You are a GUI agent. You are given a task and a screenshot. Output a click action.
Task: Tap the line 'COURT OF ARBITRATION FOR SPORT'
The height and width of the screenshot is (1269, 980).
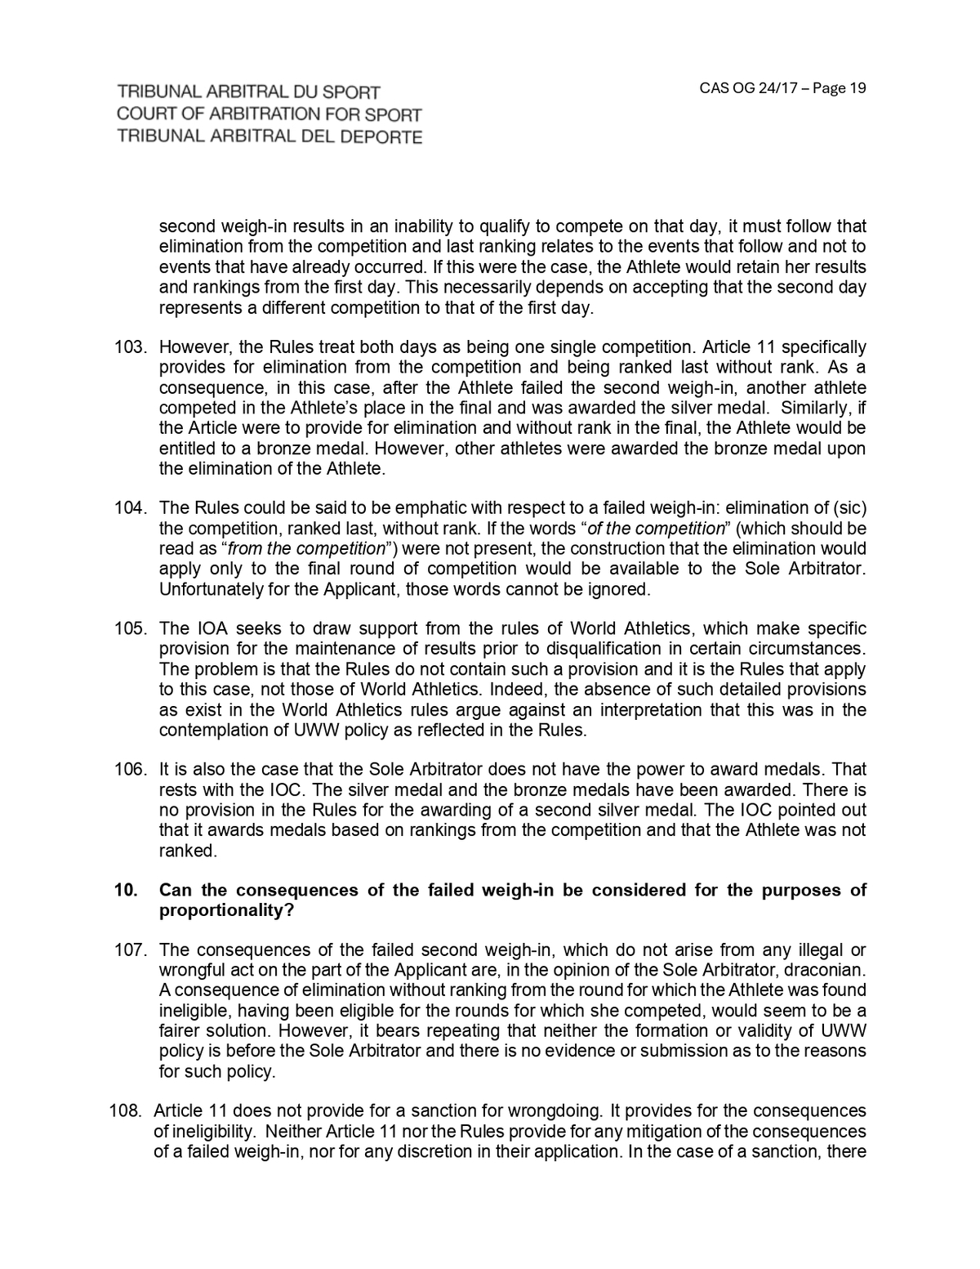tap(269, 114)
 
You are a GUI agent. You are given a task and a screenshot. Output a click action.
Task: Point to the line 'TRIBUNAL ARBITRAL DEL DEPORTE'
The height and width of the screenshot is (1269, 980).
tap(269, 136)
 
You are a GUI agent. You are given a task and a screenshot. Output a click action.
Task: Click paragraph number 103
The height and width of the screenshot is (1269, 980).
tap(129, 347)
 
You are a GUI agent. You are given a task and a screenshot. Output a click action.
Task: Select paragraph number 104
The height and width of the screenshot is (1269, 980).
tap(129, 508)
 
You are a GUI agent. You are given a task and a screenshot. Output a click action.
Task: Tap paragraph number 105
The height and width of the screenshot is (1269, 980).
tap(129, 628)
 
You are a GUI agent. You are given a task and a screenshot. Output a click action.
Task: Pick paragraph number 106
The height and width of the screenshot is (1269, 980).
tap(129, 770)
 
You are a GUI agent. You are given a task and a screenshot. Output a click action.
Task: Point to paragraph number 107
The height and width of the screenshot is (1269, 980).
tap(129, 950)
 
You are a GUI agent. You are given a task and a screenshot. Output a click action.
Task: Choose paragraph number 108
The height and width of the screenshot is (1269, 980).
tap(126, 1111)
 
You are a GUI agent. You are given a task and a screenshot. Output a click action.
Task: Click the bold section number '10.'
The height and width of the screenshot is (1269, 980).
tap(126, 891)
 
